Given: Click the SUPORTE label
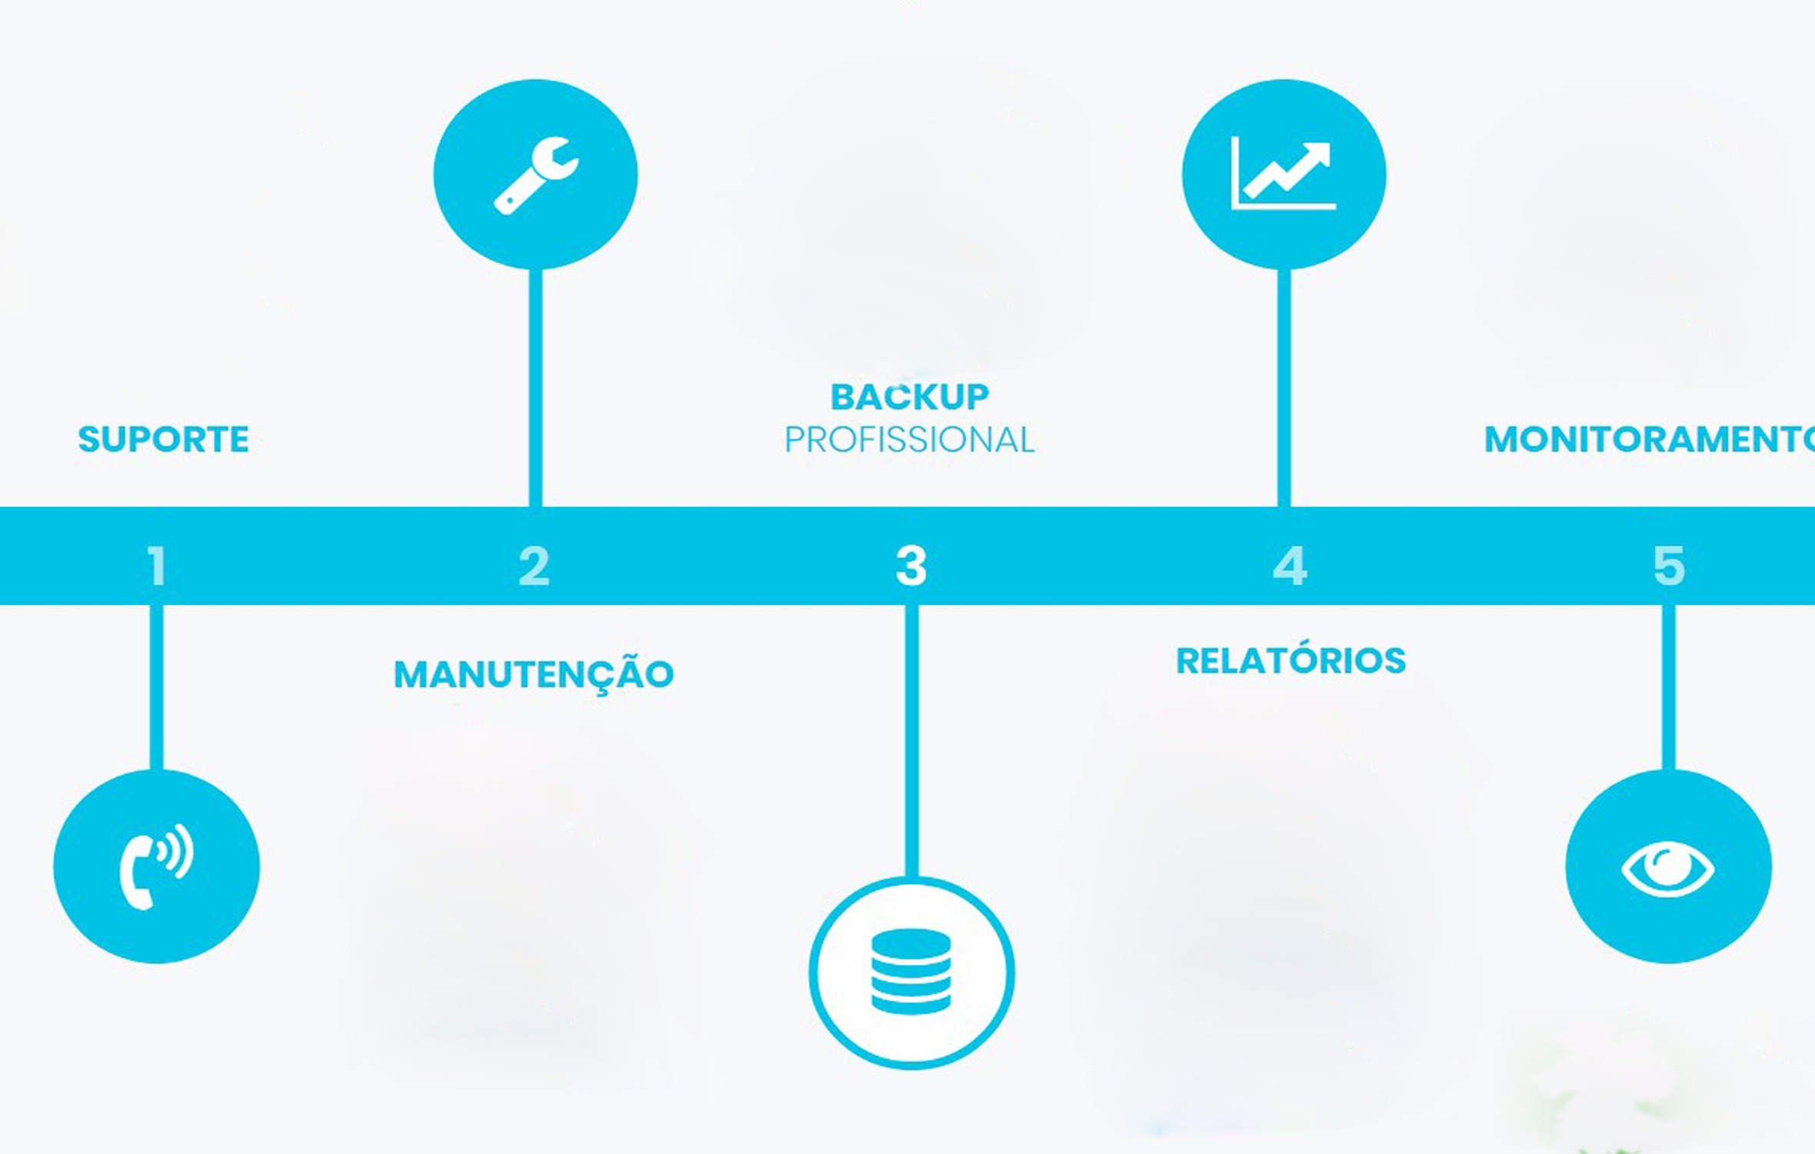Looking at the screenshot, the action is [163, 439].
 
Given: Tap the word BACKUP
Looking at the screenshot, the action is [910, 397].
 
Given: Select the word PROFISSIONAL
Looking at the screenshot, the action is [910, 440].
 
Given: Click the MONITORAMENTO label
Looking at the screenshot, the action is [1650, 439].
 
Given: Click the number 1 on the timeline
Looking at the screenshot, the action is [157, 566].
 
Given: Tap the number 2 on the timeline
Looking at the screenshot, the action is [535, 566].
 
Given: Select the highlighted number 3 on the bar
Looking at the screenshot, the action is [911, 566].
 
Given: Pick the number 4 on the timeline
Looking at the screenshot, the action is [1290, 566].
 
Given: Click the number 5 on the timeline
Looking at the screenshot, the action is [1669, 566].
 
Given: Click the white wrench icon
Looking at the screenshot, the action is [536, 176].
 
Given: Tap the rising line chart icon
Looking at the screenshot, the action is [1284, 173].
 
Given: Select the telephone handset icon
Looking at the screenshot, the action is [157, 866].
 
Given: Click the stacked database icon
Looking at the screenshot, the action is [911, 972].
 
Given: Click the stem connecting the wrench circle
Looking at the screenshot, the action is [536, 388].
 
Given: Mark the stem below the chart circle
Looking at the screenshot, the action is [1284, 388].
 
